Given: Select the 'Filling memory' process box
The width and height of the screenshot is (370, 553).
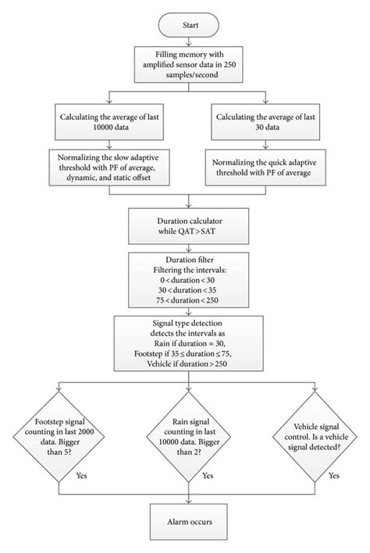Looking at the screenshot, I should coord(184,66).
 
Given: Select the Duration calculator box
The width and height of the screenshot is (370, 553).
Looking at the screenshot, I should coord(184,227).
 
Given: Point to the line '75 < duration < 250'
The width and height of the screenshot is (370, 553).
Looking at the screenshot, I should coord(184,297).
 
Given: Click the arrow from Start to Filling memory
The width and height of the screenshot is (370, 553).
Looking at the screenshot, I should coord(184,44).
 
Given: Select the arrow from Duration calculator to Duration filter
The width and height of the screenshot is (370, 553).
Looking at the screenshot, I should coord(184,249).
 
